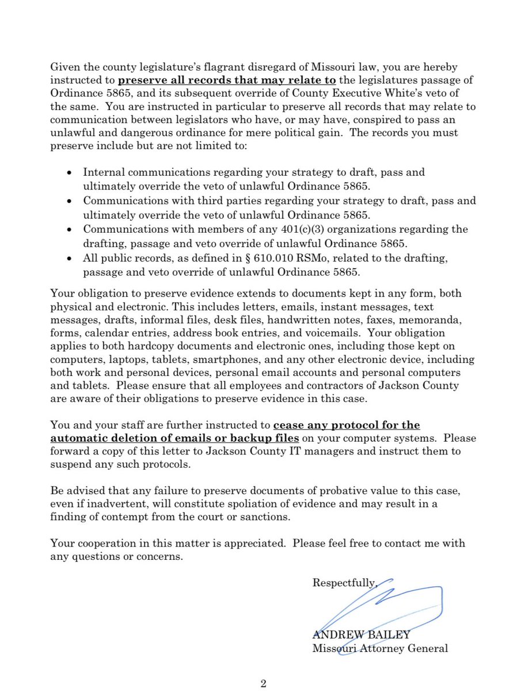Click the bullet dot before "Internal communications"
(70, 172)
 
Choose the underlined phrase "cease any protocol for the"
(346, 426)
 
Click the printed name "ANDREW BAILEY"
(361, 635)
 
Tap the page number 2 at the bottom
(264, 684)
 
